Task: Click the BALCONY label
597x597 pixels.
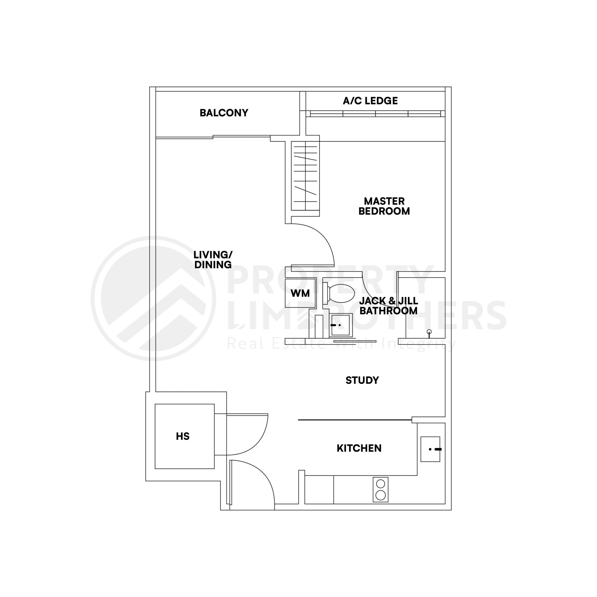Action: tap(224, 113)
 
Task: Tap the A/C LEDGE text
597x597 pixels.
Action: tap(370, 101)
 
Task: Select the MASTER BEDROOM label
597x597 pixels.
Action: tap(384, 206)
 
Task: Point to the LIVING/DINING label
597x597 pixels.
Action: tap(213, 260)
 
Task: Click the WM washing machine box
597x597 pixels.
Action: tap(300, 293)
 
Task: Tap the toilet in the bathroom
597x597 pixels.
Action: tap(340, 293)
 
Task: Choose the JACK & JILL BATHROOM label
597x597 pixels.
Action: tap(389, 305)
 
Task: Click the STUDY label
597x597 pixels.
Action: tap(362, 380)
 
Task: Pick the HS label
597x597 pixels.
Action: tap(183, 436)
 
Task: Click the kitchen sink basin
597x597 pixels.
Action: tap(430, 449)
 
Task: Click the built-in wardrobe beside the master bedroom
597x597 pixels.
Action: tap(305, 176)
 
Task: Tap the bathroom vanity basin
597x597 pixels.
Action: tap(340, 325)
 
